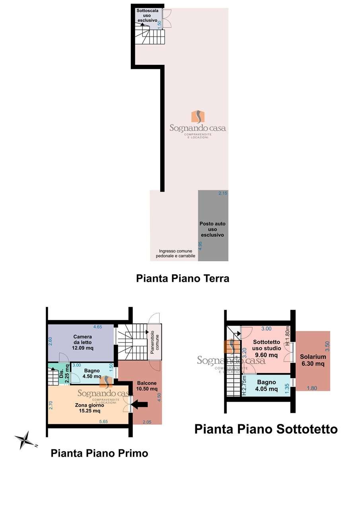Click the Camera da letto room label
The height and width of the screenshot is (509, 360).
(x=83, y=342)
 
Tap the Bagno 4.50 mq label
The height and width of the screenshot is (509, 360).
(x=92, y=373)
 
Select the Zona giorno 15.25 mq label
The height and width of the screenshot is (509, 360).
(x=90, y=408)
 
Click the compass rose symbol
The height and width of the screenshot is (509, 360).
(x=25, y=440)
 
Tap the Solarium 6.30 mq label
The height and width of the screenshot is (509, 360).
(x=313, y=360)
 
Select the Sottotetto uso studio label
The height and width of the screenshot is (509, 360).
(x=267, y=348)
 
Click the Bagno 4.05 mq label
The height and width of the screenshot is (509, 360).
(x=267, y=386)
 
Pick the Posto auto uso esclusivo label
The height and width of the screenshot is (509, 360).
(x=212, y=229)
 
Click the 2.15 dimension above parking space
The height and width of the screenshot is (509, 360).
(x=223, y=193)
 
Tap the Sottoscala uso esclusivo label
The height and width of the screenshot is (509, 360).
(x=147, y=15)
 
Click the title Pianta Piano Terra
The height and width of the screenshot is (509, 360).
(x=183, y=278)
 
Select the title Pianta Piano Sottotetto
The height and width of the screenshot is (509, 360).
(x=266, y=429)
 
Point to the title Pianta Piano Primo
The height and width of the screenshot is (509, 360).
(x=99, y=453)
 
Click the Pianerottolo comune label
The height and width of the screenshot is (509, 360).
(x=155, y=340)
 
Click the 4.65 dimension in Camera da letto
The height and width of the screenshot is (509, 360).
(x=98, y=327)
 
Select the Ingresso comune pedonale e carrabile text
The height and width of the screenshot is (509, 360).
(x=175, y=254)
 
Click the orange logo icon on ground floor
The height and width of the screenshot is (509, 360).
(x=198, y=117)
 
